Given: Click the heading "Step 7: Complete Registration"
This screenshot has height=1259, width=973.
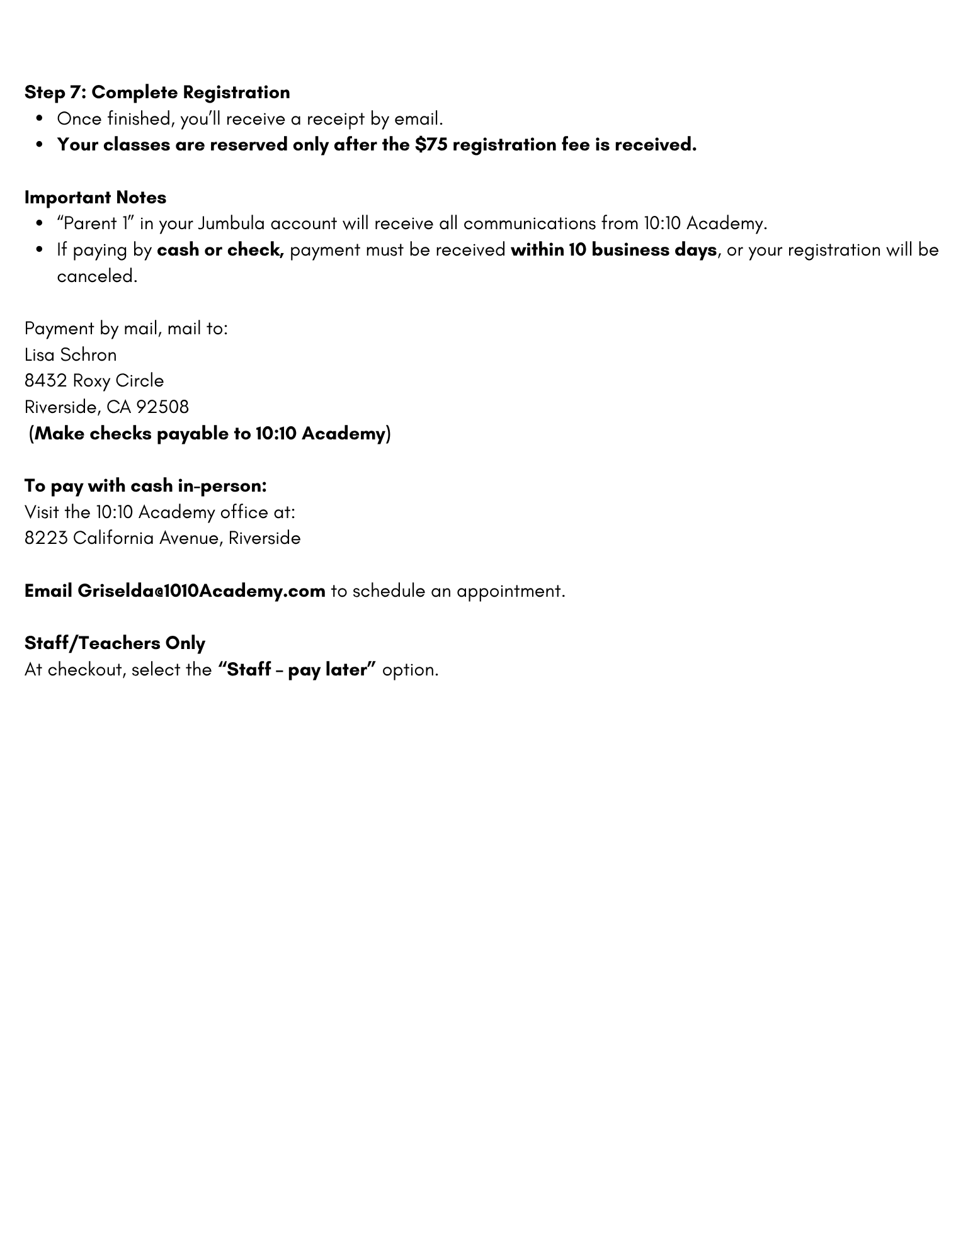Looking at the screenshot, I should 157,93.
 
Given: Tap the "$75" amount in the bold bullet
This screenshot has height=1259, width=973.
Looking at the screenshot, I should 431,145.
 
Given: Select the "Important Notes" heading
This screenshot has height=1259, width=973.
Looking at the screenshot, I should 95,198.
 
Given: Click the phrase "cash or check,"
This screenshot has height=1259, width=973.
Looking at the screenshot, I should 220,250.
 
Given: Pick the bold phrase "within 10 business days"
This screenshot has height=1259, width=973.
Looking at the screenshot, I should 613,250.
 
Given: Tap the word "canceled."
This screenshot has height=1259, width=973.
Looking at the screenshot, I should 97,276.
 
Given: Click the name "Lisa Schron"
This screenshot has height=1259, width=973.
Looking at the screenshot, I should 71,355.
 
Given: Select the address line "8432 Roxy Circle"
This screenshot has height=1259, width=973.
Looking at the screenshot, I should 94,381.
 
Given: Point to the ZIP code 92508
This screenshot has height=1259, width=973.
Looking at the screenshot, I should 162,407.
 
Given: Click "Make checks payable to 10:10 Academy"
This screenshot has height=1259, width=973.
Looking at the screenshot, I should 210,434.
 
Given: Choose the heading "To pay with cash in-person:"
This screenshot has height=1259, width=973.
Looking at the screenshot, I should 145,486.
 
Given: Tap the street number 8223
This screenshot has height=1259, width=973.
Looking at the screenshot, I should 46,538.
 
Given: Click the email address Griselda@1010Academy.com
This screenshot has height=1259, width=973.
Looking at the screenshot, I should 201,591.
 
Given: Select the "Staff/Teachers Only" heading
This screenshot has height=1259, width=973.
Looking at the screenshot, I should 115,643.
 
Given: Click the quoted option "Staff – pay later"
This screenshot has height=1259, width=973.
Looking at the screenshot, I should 297,670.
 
